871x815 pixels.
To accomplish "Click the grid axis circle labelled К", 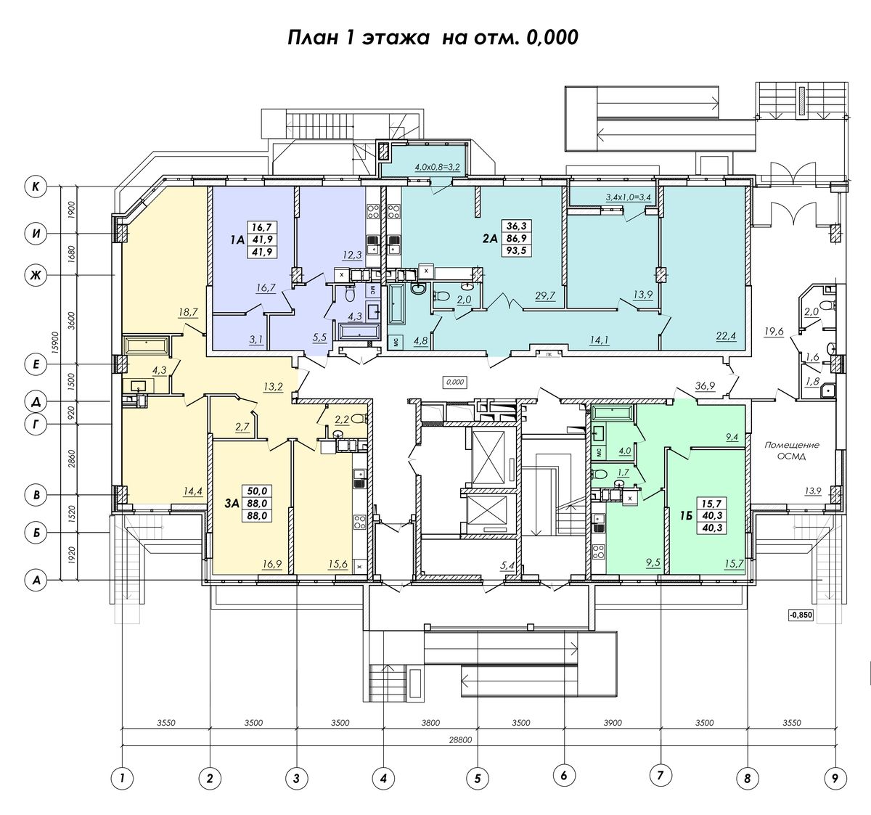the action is pyautogui.click(x=36, y=187).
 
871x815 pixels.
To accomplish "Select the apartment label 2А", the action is pyautogui.click(x=490, y=238).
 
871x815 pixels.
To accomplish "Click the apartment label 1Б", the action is pyautogui.click(x=687, y=515).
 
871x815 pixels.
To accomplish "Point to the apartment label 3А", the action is pyautogui.click(x=232, y=504).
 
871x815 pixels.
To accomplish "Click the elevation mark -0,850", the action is pyautogui.click(x=801, y=615).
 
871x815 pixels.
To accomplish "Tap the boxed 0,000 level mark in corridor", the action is pyautogui.click(x=455, y=382).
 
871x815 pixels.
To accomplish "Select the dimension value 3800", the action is pyautogui.click(x=430, y=723).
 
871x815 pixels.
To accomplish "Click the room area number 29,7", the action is pyautogui.click(x=544, y=295).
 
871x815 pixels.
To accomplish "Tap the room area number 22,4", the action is pyautogui.click(x=726, y=337).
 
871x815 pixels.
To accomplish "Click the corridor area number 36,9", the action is pyautogui.click(x=706, y=385).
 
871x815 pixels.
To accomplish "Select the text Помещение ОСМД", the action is pyautogui.click(x=792, y=450).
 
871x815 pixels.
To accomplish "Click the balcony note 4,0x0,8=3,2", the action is pyautogui.click(x=437, y=167).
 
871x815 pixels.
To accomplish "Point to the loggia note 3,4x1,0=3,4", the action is pyautogui.click(x=629, y=197).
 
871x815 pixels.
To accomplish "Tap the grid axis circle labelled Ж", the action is pyautogui.click(x=36, y=275).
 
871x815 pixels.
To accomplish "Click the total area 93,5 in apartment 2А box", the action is pyautogui.click(x=516, y=250).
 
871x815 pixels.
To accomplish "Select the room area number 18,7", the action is pyautogui.click(x=188, y=312).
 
